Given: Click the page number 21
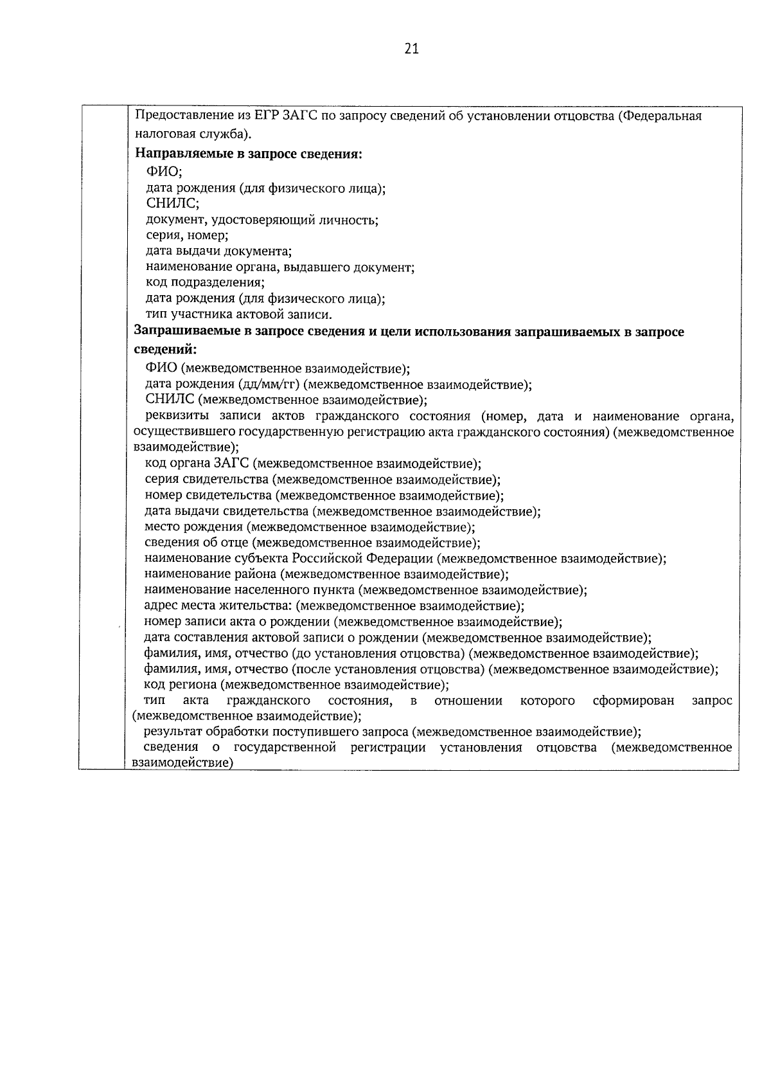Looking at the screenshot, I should (x=412, y=49).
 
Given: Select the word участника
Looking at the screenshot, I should (x=203, y=314).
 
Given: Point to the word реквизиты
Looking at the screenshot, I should (x=172, y=417).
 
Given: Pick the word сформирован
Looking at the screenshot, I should (x=634, y=701).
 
